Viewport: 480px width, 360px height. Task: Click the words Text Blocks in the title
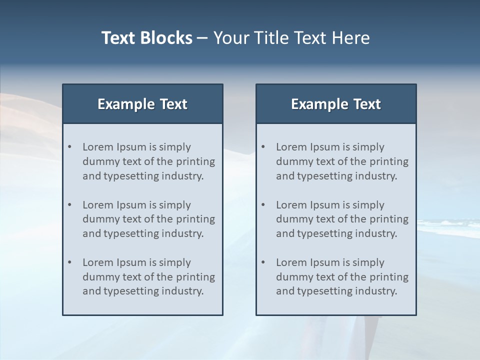point(146,38)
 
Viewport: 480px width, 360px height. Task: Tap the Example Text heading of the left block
point(142,104)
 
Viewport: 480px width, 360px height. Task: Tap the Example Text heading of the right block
point(336,104)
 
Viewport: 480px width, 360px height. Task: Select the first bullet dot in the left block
point(69,146)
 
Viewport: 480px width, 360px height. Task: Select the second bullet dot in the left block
point(69,204)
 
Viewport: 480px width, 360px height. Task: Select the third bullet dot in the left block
point(69,262)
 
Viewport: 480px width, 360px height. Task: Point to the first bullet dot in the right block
point(263,146)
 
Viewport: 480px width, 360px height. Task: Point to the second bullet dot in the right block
point(263,204)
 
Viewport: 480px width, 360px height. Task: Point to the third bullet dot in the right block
point(263,262)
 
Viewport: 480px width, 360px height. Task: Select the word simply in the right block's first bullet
point(368,147)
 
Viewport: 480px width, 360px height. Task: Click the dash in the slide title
point(202,38)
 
